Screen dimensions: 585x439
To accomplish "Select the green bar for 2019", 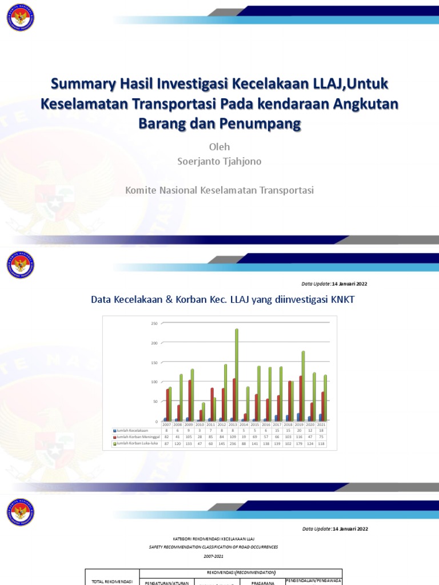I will pyautogui.click(x=303, y=386).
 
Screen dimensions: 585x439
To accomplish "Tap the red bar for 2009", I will pyautogui.click(x=189, y=400).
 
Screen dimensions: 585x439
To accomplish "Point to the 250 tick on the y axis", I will pyautogui.click(x=154, y=323).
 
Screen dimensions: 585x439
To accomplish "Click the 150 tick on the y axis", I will pyautogui.click(x=154, y=363).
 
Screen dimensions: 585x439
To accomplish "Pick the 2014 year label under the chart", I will pyautogui.click(x=244, y=425).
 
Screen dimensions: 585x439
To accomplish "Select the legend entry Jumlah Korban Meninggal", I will pyautogui.click(x=136, y=436).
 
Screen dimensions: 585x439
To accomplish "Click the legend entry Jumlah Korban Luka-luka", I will pyautogui.click(x=137, y=443).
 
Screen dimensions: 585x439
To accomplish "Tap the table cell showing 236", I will pyautogui.click(x=233, y=443).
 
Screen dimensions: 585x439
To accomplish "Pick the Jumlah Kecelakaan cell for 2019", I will pyautogui.click(x=300, y=430).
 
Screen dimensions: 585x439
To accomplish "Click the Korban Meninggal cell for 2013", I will pyautogui.click(x=233, y=436).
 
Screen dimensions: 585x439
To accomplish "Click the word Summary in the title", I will pyautogui.click(x=79, y=85).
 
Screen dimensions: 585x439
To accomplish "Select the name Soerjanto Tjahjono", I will pyautogui.click(x=219, y=162).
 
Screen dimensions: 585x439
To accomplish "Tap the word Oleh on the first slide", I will pyautogui.click(x=219, y=147).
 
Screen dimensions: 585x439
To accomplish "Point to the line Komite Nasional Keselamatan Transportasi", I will pyautogui.click(x=219, y=190).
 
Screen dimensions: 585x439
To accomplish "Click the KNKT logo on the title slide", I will pyautogui.click(x=20, y=18).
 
